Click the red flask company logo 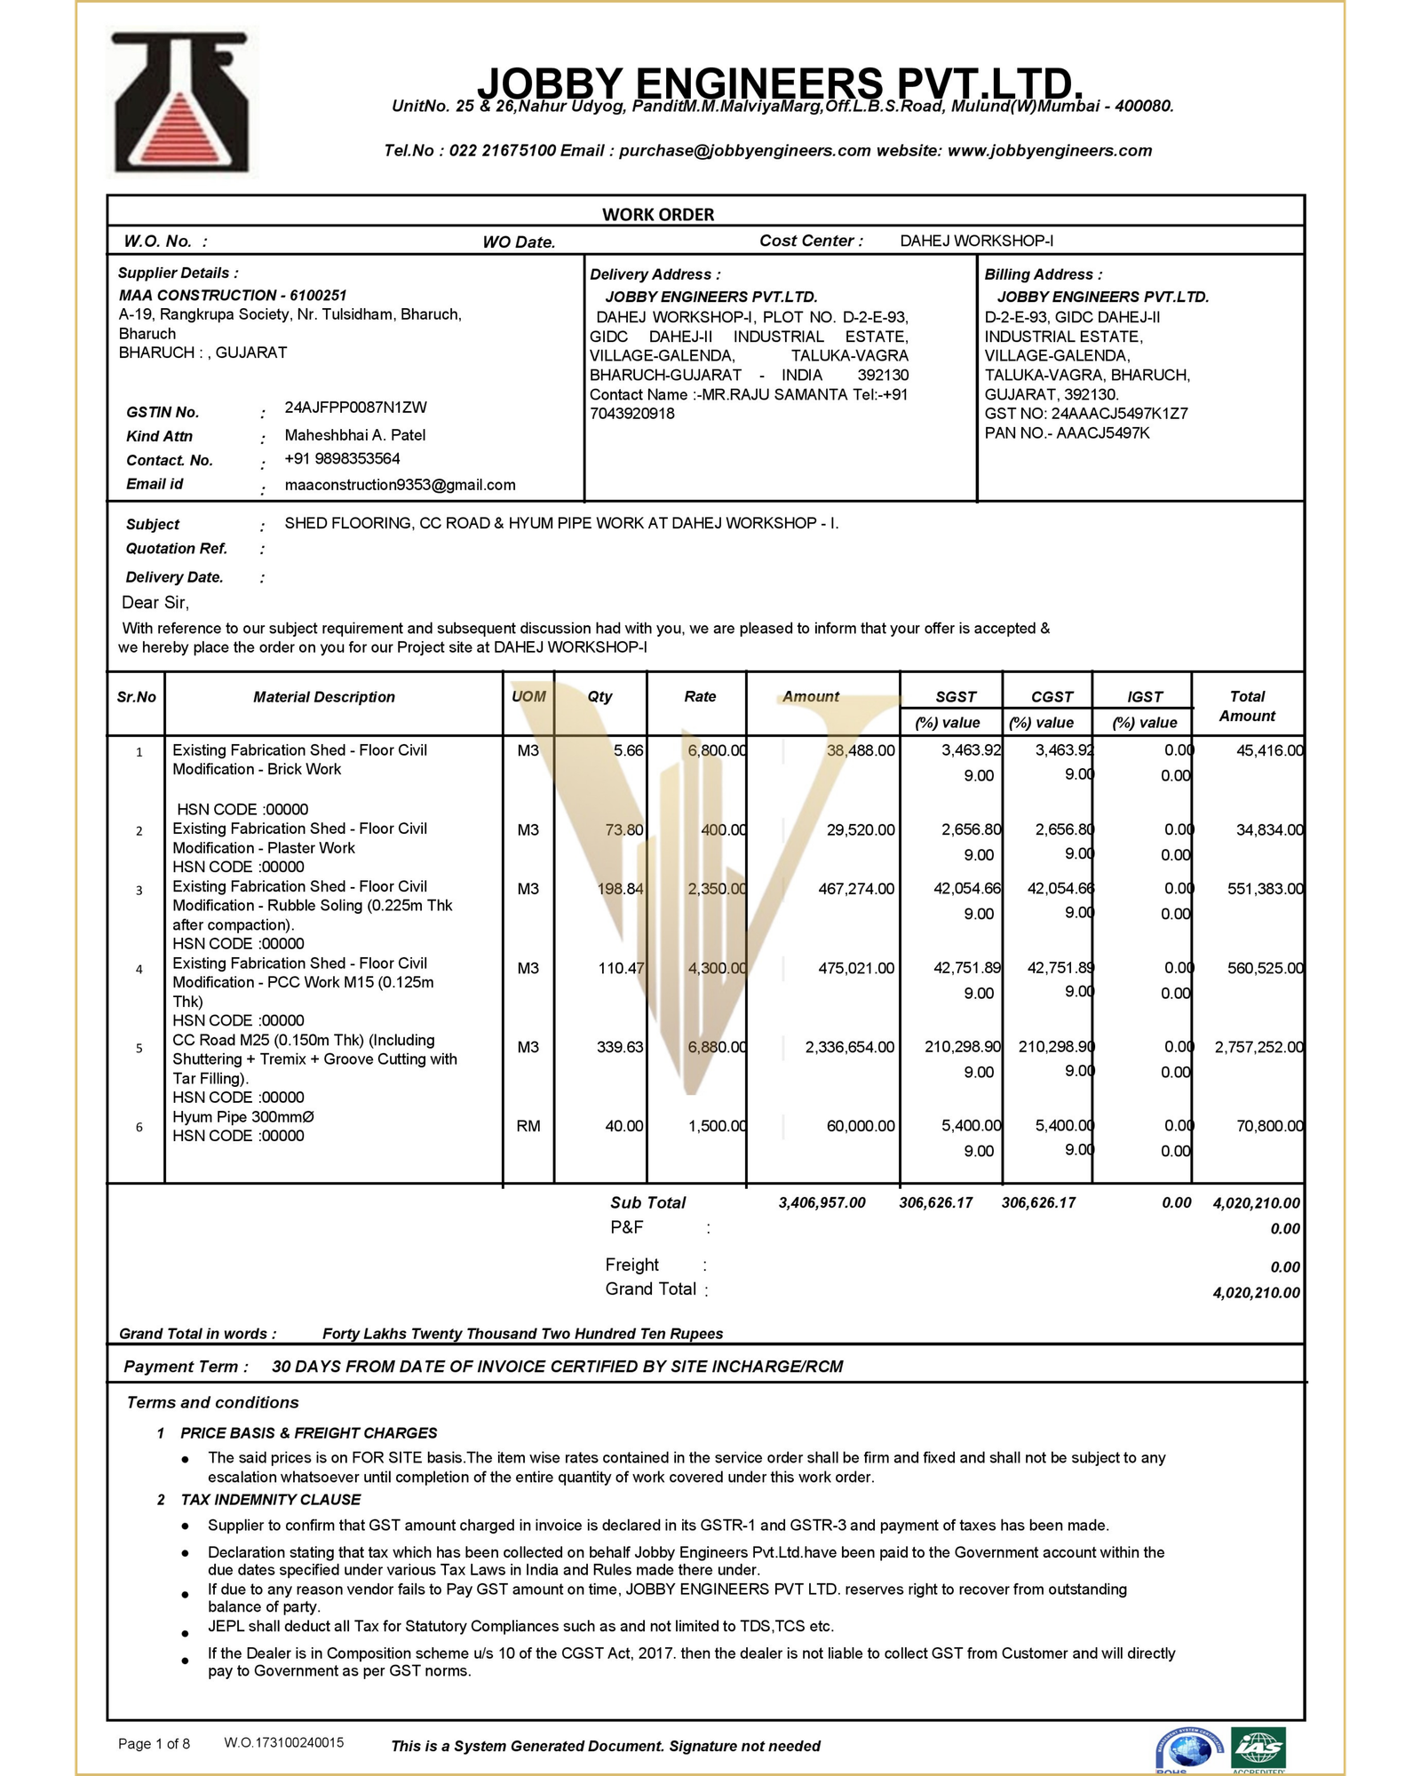[x=182, y=102]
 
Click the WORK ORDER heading [x=658, y=214]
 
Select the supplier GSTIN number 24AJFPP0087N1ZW [x=355, y=408]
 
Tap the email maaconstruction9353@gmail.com [x=400, y=485]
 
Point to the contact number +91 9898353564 [x=342, y=459]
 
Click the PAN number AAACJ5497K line [x=1067, y=433]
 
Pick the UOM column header [x=528, y=697]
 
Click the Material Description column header [x=324, y=697]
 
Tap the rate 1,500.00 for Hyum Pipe [x=717, y=1126]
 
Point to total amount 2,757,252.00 [x=1258, y=1048]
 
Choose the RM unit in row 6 [x=528, y=1126]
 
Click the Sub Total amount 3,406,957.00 [x=822, y=1203]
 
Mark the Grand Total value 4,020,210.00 [x=1256, y=1293]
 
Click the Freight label [x=632, y=1265]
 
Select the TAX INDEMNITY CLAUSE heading [x=271, y=1500]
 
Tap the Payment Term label [x=186, y=1367]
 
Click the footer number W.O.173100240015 [x=284, y=1743]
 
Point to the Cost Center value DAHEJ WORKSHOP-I [x=976, y=241]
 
